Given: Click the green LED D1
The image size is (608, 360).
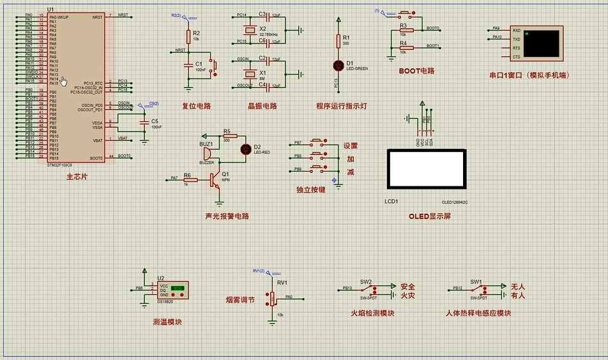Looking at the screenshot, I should coord(338,65).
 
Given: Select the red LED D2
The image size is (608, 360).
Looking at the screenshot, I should coord(245,149).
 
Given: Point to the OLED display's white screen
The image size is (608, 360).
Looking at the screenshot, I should coord(426,169).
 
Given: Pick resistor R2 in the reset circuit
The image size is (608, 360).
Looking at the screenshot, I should coord(188,36).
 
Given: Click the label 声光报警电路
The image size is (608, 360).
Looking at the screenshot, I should coord(227,216).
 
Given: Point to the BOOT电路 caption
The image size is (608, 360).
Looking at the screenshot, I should coord(416,71).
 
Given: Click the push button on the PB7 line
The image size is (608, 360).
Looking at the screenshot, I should coord(317,142).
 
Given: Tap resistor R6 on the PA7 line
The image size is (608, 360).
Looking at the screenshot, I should coord(188,179).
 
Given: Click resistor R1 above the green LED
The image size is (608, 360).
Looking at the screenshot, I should coord(338,41).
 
